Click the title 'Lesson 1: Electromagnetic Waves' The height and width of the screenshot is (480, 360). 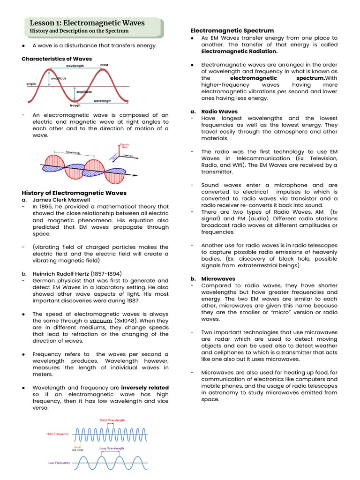click(87, 23)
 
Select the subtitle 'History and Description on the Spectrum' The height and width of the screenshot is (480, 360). click(79, 31)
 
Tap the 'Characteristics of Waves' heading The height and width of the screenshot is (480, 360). click(57, 59)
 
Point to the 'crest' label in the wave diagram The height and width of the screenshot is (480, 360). click(104, 65)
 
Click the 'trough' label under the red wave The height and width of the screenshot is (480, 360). click(75, 105)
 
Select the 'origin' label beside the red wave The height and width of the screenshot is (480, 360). click(31, 83)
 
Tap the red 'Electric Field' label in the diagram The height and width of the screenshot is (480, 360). click(125, 146)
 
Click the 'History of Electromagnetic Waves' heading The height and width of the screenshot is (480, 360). click(74, 193)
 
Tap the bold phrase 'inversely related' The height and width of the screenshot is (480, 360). click(144, 388)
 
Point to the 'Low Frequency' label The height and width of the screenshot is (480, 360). click(59, 463)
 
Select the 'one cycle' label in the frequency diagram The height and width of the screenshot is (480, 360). click(78, 450)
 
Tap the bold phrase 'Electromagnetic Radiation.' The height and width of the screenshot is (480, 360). click(239, 52)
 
